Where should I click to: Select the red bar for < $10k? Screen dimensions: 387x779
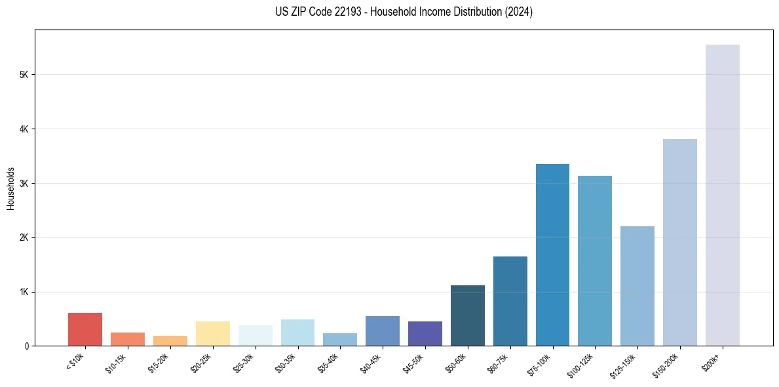[x=85, y=329]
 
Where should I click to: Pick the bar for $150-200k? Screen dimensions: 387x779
[x=680, y=242]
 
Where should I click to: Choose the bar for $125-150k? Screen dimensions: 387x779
[x=637, y=286]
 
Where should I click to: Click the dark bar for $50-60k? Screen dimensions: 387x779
[x=468, y=316]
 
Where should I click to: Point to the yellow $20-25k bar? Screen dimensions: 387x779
[x=213, y=333]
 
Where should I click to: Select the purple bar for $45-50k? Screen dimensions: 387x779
[x=425, y=333]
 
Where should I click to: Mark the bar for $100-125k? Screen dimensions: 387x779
[x=595, y=260]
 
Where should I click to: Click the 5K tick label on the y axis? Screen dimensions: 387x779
[x=24, y=75]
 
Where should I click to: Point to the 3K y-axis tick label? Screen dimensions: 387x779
[x=24, y=183]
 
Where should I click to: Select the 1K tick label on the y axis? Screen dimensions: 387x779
[x=24, y=292]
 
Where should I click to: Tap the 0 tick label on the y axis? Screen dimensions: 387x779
[x=26, y=346]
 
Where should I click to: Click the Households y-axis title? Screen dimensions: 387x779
[x=10, y=188]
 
